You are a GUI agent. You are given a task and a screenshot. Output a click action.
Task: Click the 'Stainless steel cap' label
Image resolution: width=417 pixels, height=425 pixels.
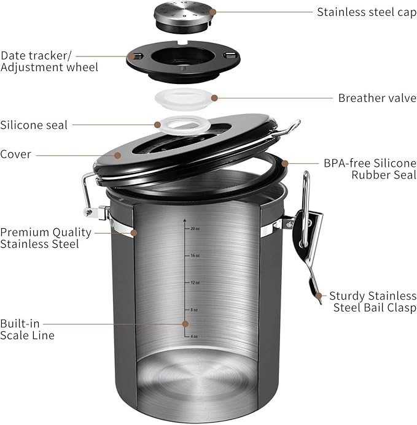tap(366, 12)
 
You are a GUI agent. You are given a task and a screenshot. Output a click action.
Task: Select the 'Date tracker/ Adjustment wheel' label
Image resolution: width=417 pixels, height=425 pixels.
tap(49, 61)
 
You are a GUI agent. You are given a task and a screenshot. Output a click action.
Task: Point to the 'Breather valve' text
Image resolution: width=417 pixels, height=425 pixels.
tap(377, 98)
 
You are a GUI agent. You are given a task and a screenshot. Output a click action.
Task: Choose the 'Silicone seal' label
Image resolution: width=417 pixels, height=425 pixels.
tap(34, 124)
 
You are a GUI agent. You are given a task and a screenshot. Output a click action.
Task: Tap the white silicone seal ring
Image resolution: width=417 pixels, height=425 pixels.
tap(184, 125)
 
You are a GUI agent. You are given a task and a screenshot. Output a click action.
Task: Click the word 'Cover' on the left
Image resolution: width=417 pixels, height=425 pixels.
tap(16, 155)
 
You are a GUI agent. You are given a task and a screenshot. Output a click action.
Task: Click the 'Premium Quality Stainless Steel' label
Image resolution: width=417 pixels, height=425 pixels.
tap(45, 238)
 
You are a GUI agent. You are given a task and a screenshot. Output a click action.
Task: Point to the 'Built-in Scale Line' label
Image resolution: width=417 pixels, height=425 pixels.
tap(27, 329)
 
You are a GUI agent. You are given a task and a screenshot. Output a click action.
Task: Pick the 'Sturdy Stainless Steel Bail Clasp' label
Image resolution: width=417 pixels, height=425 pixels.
tap(372, 301)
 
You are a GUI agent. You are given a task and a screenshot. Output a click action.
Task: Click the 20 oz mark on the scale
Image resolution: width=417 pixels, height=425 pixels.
tap(194, 228)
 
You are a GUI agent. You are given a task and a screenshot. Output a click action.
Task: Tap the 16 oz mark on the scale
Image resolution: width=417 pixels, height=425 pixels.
tap(194, 255)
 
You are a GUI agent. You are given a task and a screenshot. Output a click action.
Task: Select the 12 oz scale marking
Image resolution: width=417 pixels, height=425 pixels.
tap(194, 283)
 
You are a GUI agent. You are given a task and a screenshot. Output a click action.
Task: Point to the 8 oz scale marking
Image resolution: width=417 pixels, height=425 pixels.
tap(194, 310)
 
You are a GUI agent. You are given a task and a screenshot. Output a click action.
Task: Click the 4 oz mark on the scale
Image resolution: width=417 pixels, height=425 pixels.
tap(194, 337)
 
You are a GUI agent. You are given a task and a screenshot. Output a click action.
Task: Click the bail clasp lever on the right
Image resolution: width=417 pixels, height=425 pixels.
tap(307, 245)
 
